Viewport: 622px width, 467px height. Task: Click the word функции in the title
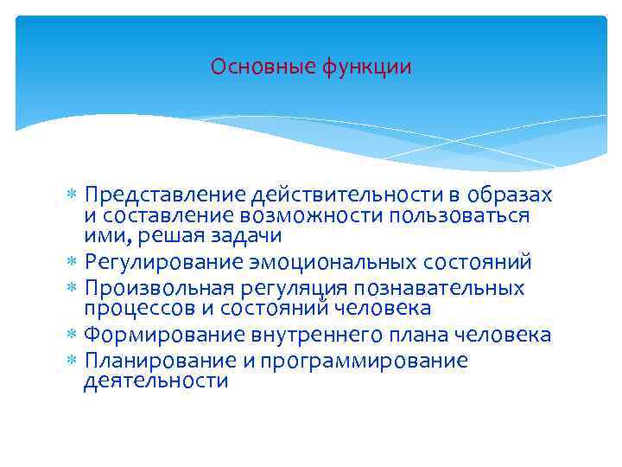pyautogui.click(x=364, y=67)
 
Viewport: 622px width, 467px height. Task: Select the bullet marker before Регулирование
pyautogui.click(x=72, y=262)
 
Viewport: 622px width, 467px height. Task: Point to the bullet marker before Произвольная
pyautogui.click(x=72, y=288)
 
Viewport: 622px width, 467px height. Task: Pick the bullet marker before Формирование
pyautogui.click(x=72, y=336)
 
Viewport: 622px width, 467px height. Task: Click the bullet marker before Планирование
pyautogui.click(x=72, y=361)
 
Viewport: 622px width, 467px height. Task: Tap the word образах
pyautogui.click(x=510, y=195)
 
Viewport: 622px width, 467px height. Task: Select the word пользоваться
pyautogui.click(x=459, y=214)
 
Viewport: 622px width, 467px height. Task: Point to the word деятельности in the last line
pyautogui.click(x=155, y=381)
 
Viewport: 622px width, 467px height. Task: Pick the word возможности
pyautogui.click(x=320, y=214)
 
